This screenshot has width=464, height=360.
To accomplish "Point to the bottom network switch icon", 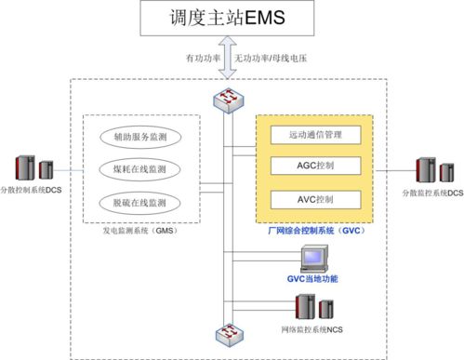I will click(226, 334).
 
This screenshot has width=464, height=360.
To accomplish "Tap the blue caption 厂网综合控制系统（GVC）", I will click(314, 230).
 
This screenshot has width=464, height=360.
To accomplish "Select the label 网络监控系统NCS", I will click(310, 330).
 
